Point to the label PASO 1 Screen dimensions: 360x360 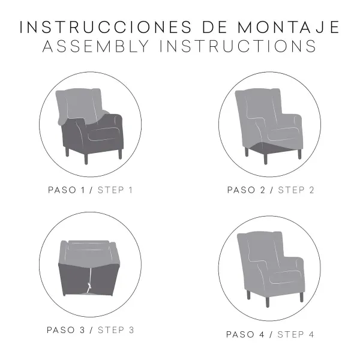pyautogui.click(x=66, y=190)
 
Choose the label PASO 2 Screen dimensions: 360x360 pyautogui.click(x=247, y=190)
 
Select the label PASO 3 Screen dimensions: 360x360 pyautogui.click(x=65, y=329)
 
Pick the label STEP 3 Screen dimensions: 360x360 pyautogui.click(x=116, y=329)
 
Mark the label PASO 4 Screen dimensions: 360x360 pyautogui.click(x=245, y=334)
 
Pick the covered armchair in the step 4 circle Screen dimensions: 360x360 pyautogui.click(x=270, y=264)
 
